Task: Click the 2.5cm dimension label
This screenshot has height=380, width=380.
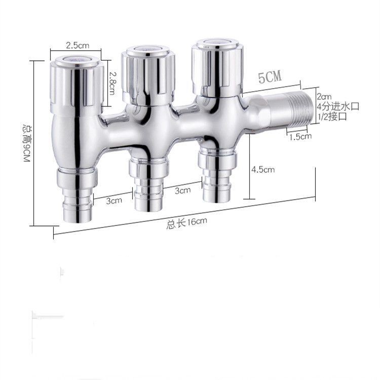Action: pyautogui.click(x=78, y=45)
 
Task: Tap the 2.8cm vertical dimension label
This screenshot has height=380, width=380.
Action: pyautogui.click(x=112, y=83)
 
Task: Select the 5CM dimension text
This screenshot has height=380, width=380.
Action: pyautogui.click(x=270, y=77)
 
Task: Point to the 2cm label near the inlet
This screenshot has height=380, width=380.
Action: pyautogui.click(x=324, y=97)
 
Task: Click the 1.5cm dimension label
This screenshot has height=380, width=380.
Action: pyautogui.click(x=300, y=137)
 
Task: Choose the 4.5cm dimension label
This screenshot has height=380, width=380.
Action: pyautogui.click(x=263, y=169)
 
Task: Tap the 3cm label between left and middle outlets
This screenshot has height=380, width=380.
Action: pyautogui.click(x=114, y=201)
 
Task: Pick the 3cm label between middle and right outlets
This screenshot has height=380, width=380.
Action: pyautogui.click(x=183, y=191)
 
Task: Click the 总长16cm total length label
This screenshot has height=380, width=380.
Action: pyautogui.click(x=186, y=223)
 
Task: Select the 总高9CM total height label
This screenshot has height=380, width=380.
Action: pyautogui.click(x=27, y=143)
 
